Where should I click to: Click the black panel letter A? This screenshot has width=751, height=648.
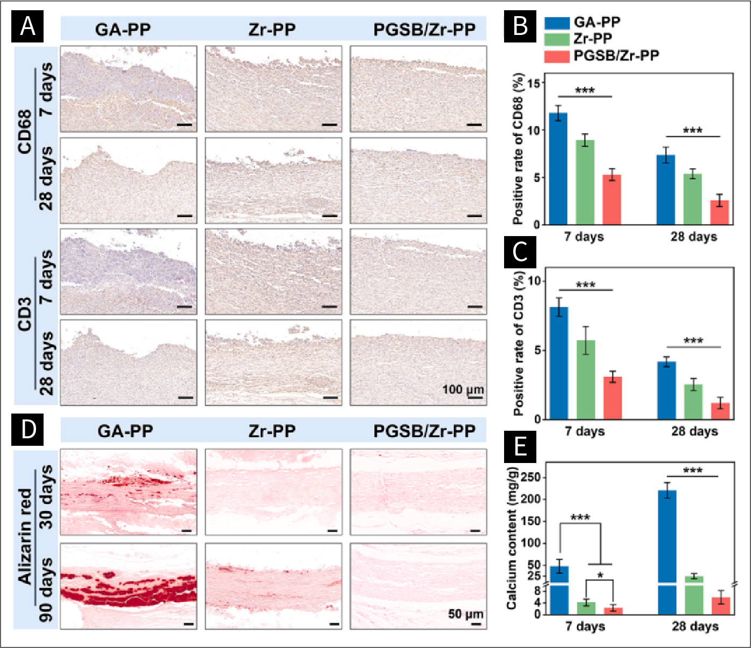(x=27, y=26)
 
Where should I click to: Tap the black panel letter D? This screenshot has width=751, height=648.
(x=27, y=429)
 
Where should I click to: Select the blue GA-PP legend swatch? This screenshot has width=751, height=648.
(x=556, y=23)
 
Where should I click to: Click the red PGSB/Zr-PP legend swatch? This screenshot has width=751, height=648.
(x=556, y=56)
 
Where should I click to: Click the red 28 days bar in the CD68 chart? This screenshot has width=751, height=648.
(x=720, y=212)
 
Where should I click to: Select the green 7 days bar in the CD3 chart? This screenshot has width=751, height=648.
(x=585, y=379)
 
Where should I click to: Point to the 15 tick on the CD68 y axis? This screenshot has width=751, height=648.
(x=533, y=83)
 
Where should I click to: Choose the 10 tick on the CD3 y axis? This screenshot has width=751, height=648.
(x=534, y=281)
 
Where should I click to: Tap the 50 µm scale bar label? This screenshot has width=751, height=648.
(x=465, y=614)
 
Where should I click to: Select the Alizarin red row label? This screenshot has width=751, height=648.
(x=25, y=536)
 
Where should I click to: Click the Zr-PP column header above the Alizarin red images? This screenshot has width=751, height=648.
(x=272, y=431)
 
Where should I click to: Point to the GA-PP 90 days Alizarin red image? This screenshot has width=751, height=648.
(x=129, y=586)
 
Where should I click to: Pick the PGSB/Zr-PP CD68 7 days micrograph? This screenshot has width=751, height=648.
(x=418, y=89)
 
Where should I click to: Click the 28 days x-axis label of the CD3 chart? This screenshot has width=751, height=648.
(x=694, y=431)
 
